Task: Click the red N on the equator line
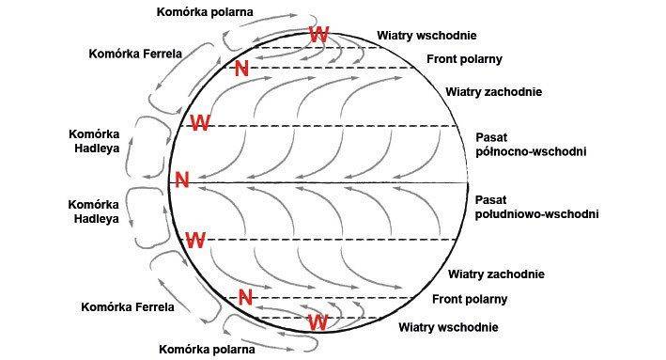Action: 181,180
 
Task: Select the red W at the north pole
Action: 320,35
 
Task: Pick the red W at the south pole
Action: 318,321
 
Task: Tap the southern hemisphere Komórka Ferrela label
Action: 128,306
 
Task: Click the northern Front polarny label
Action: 465,59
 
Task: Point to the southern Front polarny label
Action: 470,299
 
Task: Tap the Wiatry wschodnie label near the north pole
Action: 427,36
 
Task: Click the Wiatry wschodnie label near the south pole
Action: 448,327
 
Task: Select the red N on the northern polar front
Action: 241,68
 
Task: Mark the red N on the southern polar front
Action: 246,297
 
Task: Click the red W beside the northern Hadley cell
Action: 199,122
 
